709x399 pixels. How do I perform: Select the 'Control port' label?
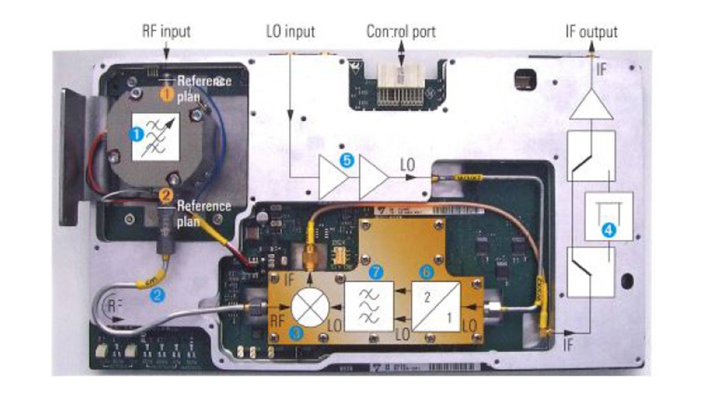[x=401, y=32]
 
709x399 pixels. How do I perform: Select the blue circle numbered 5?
[x=345, y=161]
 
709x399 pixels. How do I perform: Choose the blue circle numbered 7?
[x=374, y=271]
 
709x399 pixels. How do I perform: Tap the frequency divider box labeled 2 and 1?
[x=436, y=307]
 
